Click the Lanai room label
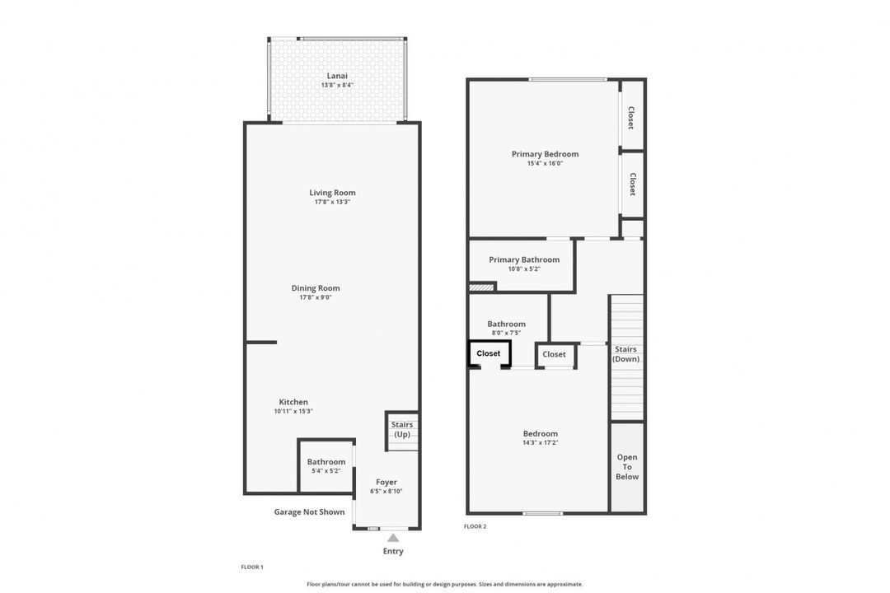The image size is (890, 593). click(x=337, y=76)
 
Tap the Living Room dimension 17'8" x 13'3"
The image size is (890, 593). click(x=333, y=202)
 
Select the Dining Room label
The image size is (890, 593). click(x=316, y=288)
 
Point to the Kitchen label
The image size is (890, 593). click(x=293, y=402)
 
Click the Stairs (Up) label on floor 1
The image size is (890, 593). click(x=402, y=429)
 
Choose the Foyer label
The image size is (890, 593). click(x=386, y=482)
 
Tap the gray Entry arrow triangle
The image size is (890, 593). click(x=393, y=538)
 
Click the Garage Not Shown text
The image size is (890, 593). click(x=309, y=511)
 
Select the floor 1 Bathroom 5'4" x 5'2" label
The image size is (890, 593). click(x=326, y=462)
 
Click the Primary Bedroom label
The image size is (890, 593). click(x=545, y=154)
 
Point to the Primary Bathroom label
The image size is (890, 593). click(x=524, y=259)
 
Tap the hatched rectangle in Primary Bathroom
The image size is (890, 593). click(x=481, y=287)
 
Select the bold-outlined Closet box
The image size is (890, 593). click(x=489, y=353)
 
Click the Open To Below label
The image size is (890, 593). click(x=627, y=467)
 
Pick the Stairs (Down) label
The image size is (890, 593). click(x=626, y=354)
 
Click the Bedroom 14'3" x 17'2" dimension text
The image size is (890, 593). click(x=541, y=443)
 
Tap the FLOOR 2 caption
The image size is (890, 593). click(x=475, y=526)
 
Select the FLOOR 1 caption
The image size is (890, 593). click(x=252, y=567)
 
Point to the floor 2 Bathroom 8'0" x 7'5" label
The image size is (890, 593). click(x=506, y=324)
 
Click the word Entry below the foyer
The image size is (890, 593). click(x=393, y=551)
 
